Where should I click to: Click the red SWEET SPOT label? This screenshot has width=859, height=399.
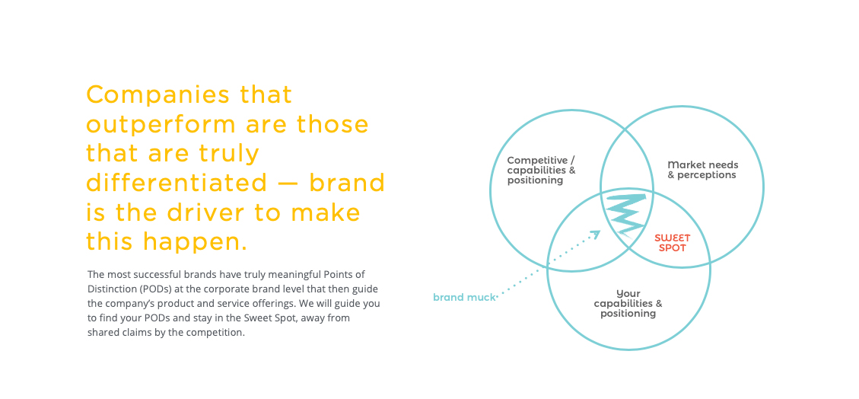[x=672, y=243]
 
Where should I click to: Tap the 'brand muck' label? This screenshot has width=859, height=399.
[x=464, y=298]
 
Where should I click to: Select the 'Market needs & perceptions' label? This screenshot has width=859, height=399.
[x=703, y=170]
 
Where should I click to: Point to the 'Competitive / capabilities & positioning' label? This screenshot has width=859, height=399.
[x=541, y=170]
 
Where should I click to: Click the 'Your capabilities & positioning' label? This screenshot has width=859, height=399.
[x=628, y=304]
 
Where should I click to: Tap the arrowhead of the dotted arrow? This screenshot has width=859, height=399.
[x=596, y=234]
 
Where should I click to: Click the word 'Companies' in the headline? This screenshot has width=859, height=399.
[x=150, y=95]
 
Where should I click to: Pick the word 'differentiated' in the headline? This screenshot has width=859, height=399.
[x=177, y=183]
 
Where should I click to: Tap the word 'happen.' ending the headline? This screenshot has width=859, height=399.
[x=195, y=241]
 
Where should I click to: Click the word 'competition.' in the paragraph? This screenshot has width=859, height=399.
[x=218, y=333]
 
